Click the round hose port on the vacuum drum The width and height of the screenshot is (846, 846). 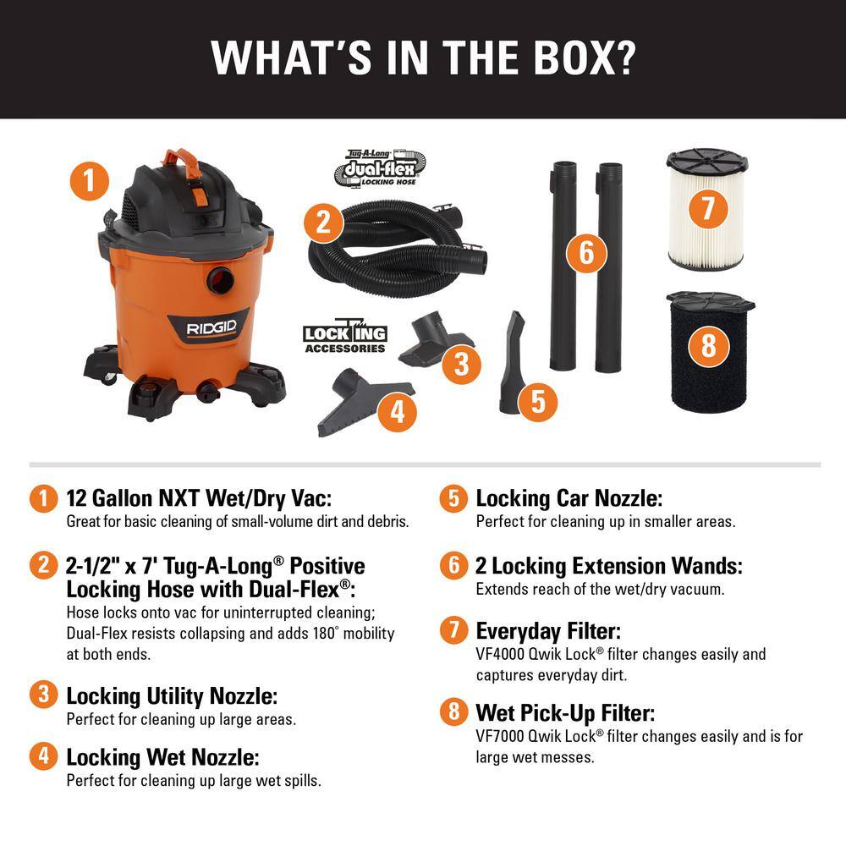[220, 279]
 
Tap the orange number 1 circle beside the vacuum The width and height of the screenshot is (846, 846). [91, 180]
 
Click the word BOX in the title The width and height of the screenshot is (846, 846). [569, 57]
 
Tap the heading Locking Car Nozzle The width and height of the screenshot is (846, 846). [569, 498]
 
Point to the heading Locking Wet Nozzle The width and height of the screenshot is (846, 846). [162, 755]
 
